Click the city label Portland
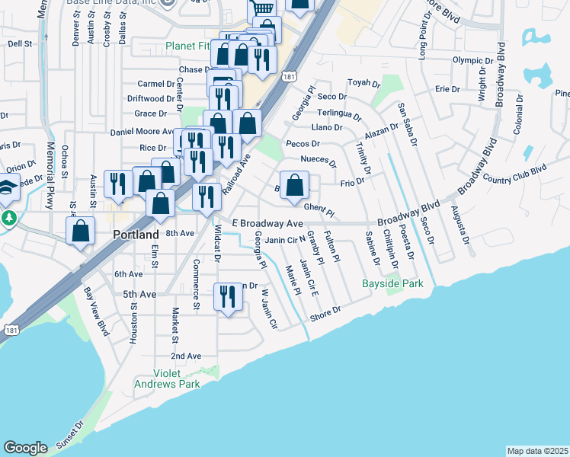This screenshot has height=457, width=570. click(x=136, y=235)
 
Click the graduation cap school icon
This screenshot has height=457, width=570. click(x=6, y=187)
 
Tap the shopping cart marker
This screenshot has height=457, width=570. click(x=261, y=9)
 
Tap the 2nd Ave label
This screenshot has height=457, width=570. click(x=185, y=356)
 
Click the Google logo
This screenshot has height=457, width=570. click(x=25, y=448)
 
